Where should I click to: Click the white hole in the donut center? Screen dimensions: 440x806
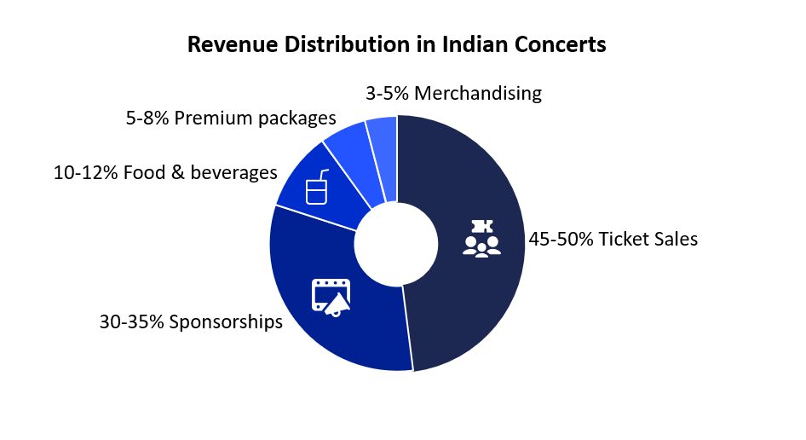click(x=397, y=244)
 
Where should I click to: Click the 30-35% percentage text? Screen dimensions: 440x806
click(x=131, y=322)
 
